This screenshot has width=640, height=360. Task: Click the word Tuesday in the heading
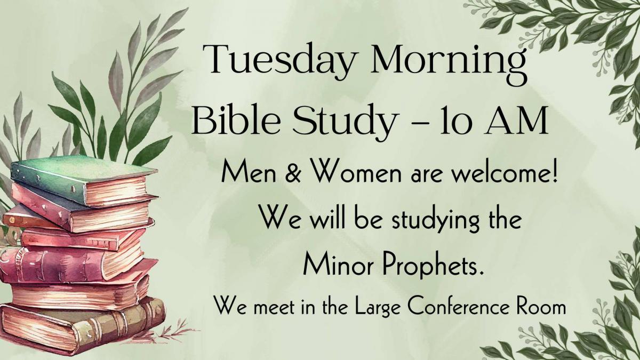pyautogui.click(x=281, y=61)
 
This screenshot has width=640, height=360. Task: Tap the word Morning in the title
pyautogui.click(x=449, y=65)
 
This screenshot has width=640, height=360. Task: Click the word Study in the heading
pyautogui.click(x=346, y=122)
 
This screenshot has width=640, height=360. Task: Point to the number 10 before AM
pyautogui.click(x=455, y=119)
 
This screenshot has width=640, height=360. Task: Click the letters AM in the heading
pyautogui.click(x=515, y=120)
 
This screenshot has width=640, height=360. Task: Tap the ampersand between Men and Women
pyautogui.click(x=293, y=174)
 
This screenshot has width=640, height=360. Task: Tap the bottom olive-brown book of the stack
pyautogui.click(x=83, y=326)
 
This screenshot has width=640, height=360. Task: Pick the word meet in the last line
pyautogui.click(x=274, y=308)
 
